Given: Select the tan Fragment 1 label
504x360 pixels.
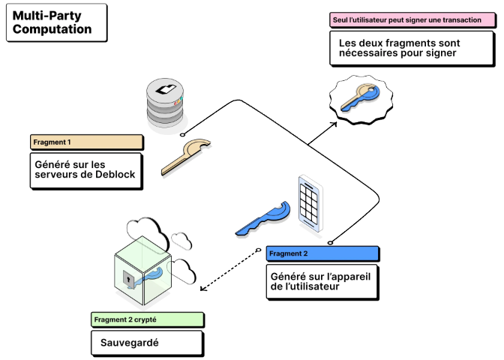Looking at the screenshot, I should click(x=86, y=141).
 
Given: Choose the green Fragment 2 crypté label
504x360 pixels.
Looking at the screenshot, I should click(x=145, y=319).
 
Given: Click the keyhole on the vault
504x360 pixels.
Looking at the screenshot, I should click(x=128, y=280).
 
